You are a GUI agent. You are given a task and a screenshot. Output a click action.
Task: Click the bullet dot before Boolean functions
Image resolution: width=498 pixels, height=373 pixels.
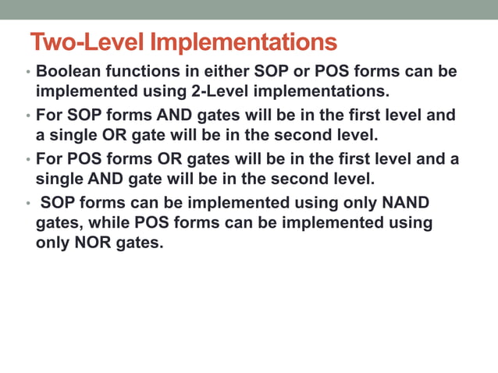(x=28, y=73)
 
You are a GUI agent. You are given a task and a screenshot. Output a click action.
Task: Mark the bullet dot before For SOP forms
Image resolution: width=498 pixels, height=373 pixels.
(x=28, y=116)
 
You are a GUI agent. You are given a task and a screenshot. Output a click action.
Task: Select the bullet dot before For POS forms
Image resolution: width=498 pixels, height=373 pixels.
(x=28, y=160)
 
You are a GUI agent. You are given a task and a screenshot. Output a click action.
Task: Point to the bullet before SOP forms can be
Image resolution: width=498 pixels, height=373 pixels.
(x=28, y=204)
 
